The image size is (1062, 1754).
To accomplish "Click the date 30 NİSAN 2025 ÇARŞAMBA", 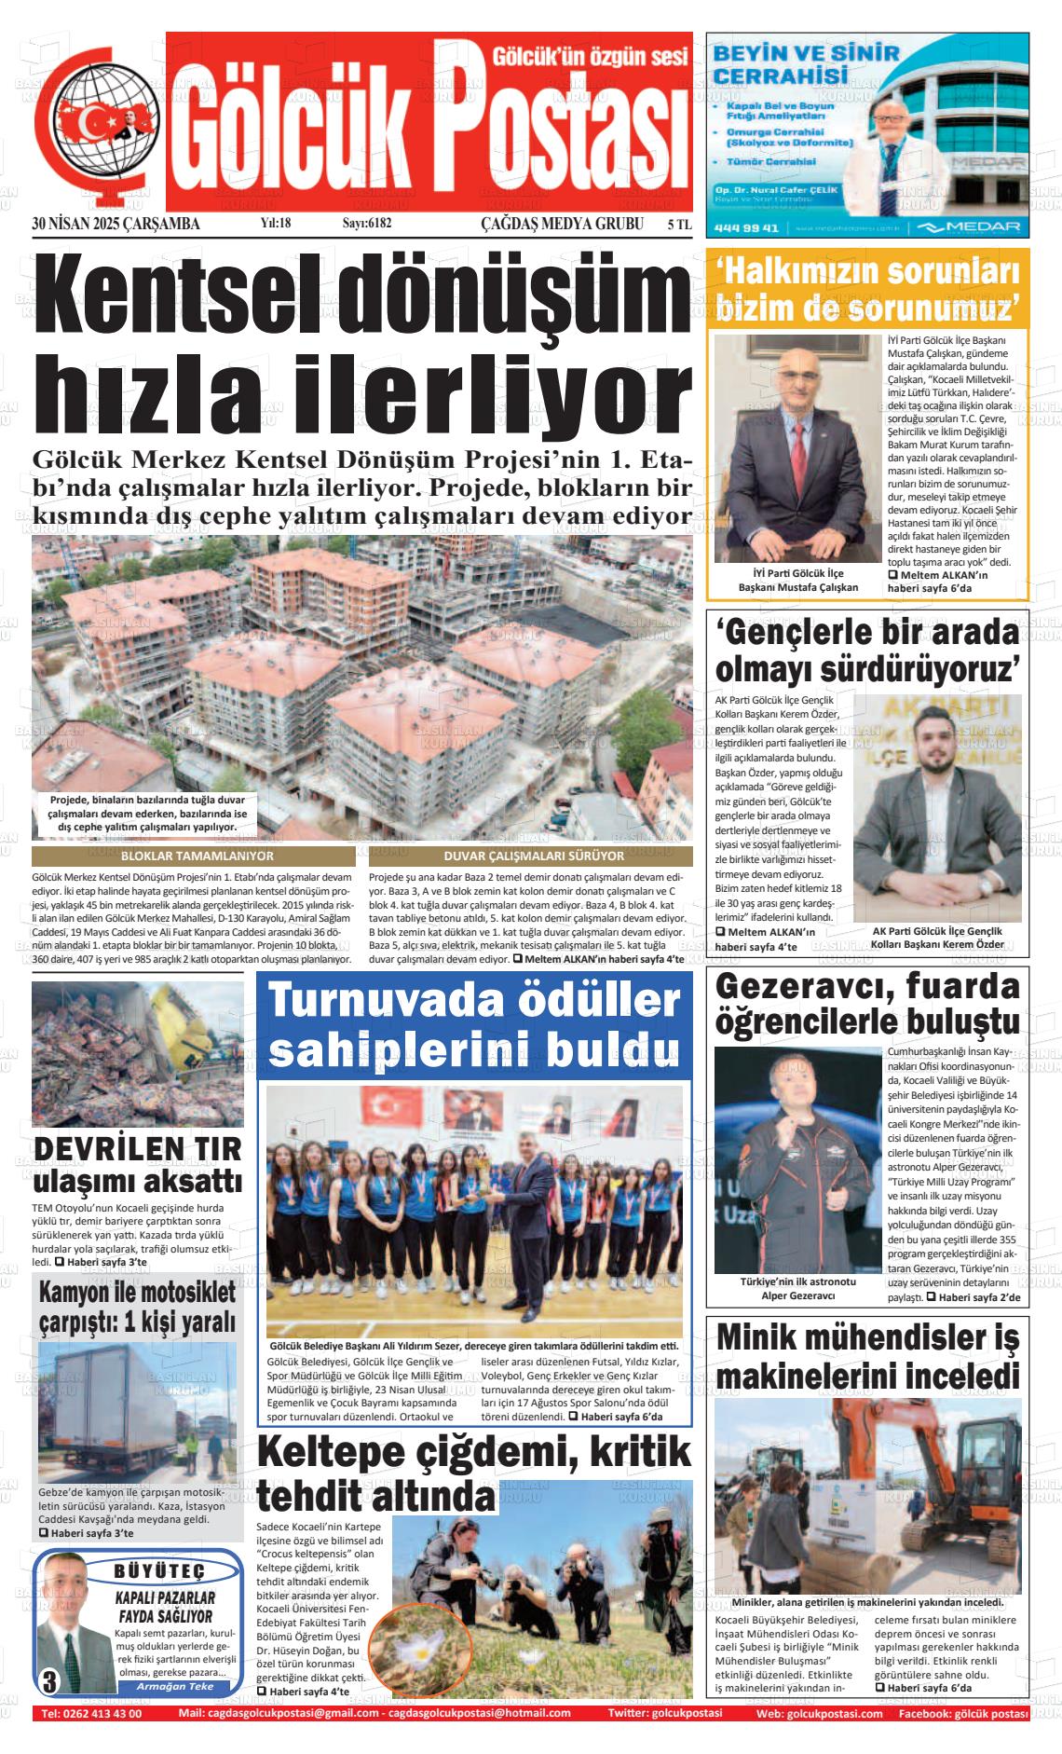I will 116,225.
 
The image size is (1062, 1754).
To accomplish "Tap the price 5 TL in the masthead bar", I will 679,225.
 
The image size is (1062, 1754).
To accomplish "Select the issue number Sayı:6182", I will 367,225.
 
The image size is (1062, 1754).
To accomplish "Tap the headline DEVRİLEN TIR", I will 137,1149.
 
